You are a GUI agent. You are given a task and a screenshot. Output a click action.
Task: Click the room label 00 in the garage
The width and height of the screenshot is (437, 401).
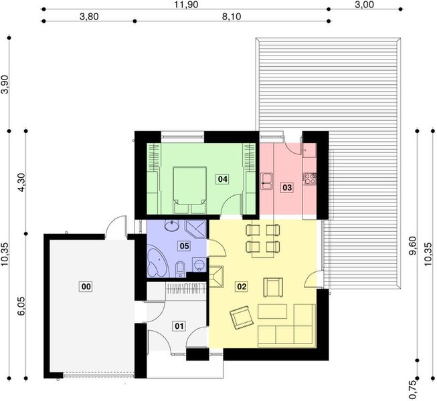pyautogui.click(x=85, y=287)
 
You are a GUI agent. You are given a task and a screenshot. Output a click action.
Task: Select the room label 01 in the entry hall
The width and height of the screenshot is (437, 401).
pyautogui.click(x=179, y=325)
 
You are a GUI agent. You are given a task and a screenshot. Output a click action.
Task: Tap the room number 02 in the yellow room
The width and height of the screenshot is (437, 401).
pyautogui.click(x=242, y=287)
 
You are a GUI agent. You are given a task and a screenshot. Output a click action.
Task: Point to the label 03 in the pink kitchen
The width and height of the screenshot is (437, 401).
pyautogui.click(x=286, y=188)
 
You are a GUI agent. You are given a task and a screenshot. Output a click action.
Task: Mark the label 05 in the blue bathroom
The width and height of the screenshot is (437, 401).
pyautogui.click(x=184, y=246)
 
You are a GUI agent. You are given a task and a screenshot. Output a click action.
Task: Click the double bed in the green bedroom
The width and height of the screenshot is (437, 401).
pyautogui.click(x=190, y=185)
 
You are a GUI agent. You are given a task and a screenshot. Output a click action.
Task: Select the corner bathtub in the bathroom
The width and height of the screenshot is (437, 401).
pyautogui.click(x=157, y=262)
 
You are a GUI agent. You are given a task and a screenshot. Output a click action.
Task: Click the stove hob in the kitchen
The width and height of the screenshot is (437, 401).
pyautogui.click(x=309, y=178)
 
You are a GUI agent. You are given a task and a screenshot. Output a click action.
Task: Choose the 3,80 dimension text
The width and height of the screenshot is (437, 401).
pyautogui.click(x=89, y=17)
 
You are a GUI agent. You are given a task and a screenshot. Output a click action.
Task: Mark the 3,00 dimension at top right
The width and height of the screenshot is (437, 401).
pyautogui.click(x=365, y=5)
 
